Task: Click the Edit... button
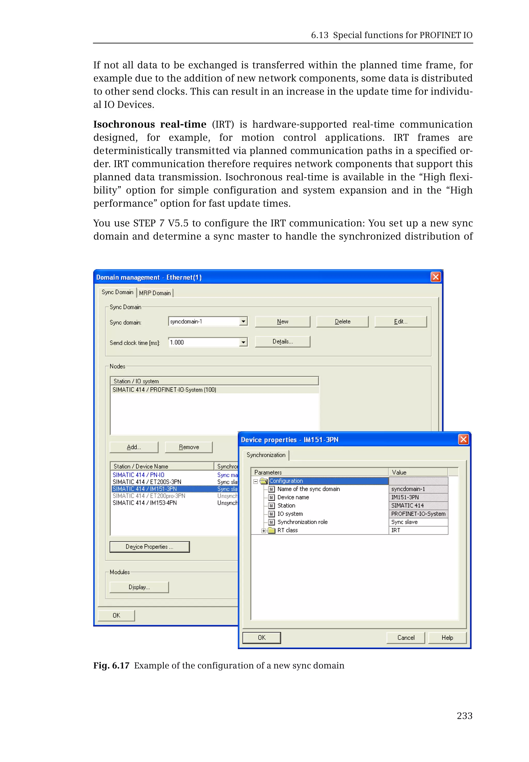400,321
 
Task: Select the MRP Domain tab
155,293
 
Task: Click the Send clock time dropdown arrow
243,342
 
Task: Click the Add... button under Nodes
134,447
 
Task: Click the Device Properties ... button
150,547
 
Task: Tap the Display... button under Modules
139,587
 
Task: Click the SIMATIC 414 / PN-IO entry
138,475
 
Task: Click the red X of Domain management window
435,277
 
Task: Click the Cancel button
406,638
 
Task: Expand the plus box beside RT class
263,530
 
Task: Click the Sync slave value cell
418,522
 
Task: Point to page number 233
464,716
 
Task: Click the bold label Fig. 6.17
111,666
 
